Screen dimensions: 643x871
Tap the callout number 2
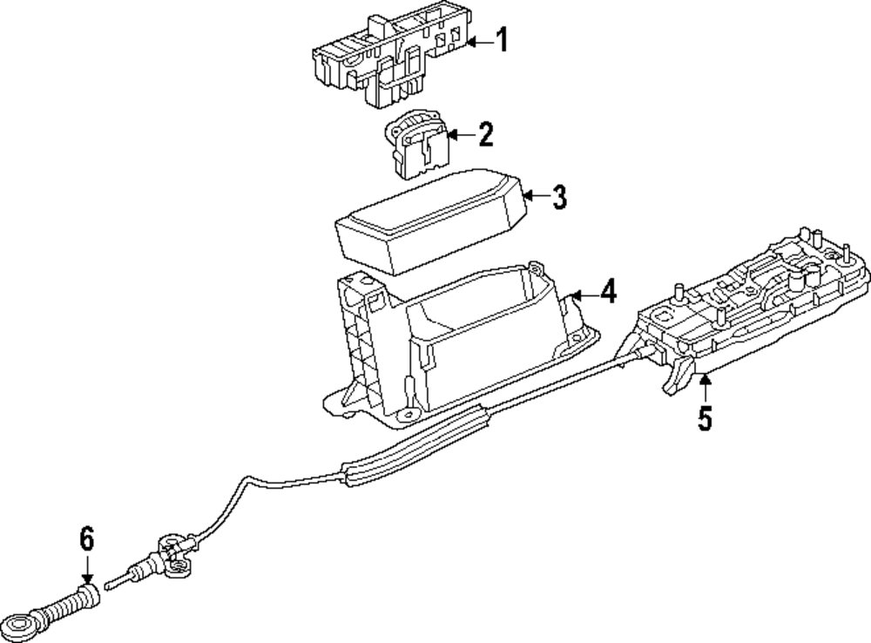click(x=484, y=134)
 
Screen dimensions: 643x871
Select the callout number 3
click(x=558, y=198)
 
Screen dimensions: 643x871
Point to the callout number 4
click(x=607, y=291)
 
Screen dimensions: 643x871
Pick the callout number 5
click(x=704, y=419)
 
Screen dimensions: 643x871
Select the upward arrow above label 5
click(x=704, y=386)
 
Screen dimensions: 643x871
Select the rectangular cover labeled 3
click(x=431, y=218)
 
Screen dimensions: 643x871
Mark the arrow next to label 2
click(x=461, y=135)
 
